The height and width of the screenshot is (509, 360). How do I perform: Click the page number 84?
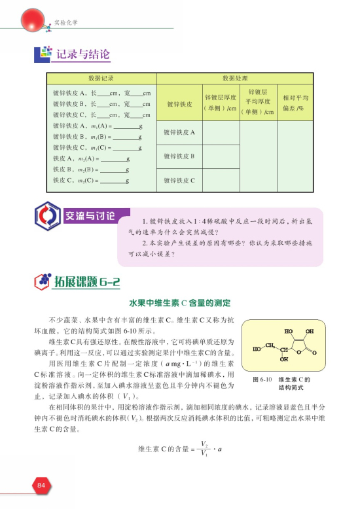click(x=41, y=485)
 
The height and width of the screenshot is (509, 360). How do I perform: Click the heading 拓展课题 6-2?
click(x=90, y=282)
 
